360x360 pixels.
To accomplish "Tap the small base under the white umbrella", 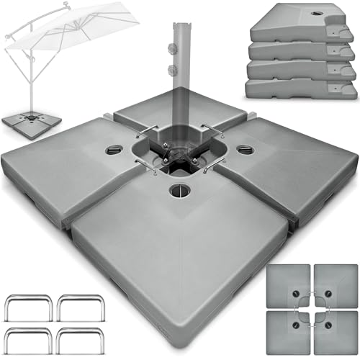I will point(27,118).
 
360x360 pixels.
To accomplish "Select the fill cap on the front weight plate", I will point(177,192).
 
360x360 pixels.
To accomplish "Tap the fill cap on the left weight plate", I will point(114,150).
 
